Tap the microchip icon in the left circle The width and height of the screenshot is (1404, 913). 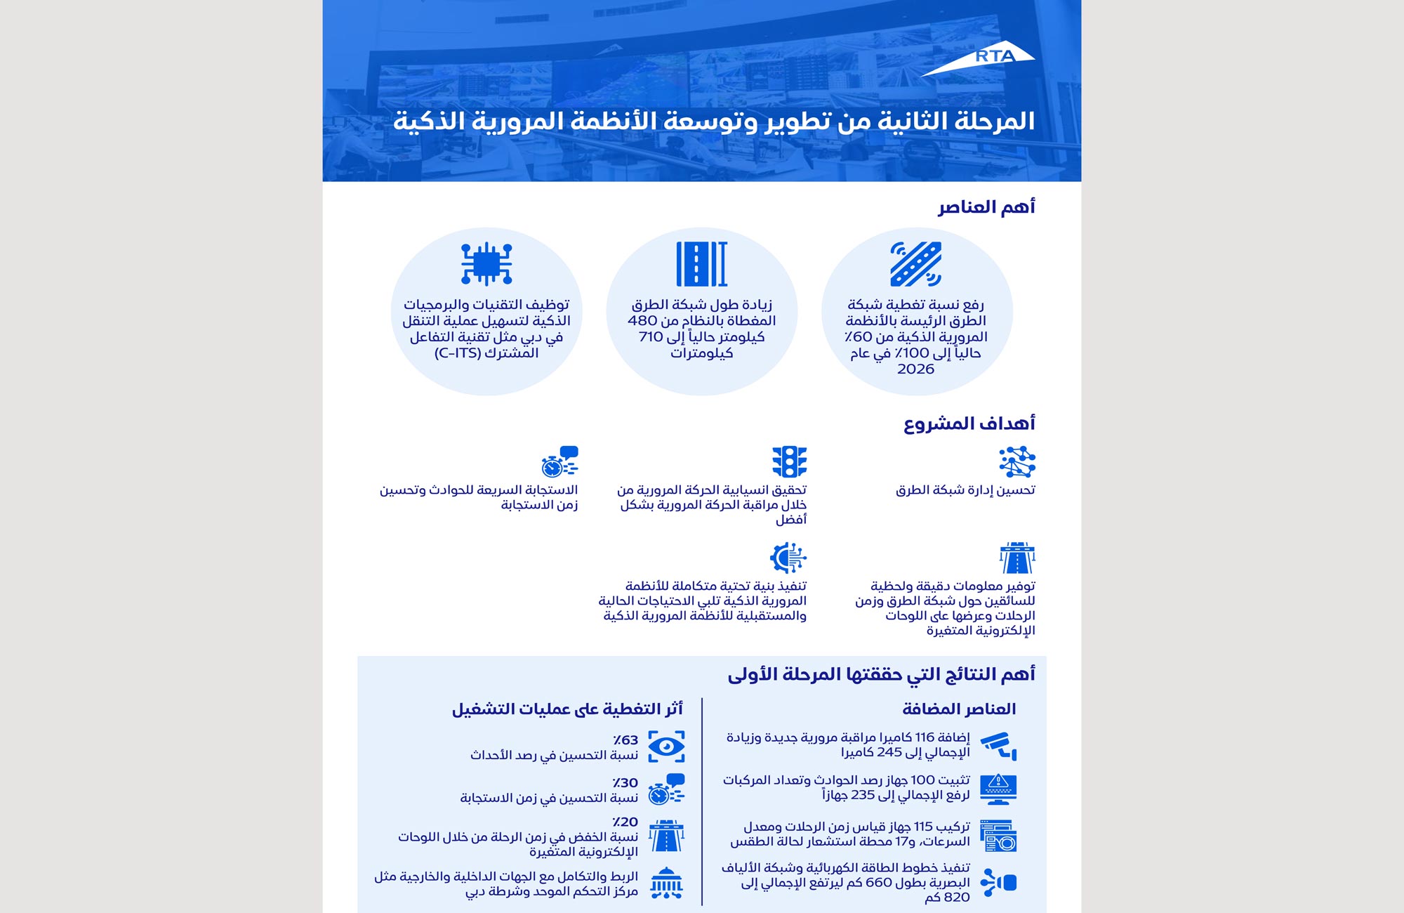[x=486, y=263]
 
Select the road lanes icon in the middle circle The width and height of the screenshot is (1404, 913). [x=701, y=263]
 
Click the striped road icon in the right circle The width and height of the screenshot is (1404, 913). [x=915, y=264]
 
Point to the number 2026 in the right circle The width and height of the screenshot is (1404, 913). [x=915, y=369]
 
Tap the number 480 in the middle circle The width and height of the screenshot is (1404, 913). [x=642, y=321]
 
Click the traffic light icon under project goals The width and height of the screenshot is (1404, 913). [x=789, y=461]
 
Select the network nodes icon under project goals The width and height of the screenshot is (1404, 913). [x=1017, y=461]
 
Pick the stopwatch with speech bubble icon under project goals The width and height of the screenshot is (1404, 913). [x=559, y=461]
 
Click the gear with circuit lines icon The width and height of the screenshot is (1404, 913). [x=788, y=558]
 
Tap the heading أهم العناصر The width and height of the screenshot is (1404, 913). [x=986, y=207]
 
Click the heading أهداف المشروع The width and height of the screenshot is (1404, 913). [x=969, y=423]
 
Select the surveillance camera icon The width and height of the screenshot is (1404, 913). [x=999, y=745]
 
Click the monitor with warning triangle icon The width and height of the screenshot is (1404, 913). [x=998, y=789]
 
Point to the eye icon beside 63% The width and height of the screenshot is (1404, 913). [x=666, y=746]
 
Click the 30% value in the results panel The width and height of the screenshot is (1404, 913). [x=625, y=783]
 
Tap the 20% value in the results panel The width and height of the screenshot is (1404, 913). [x=625, y=822]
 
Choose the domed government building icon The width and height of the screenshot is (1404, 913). [x=666, y=883]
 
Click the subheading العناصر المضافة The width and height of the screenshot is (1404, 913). [x=959, y=709]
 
